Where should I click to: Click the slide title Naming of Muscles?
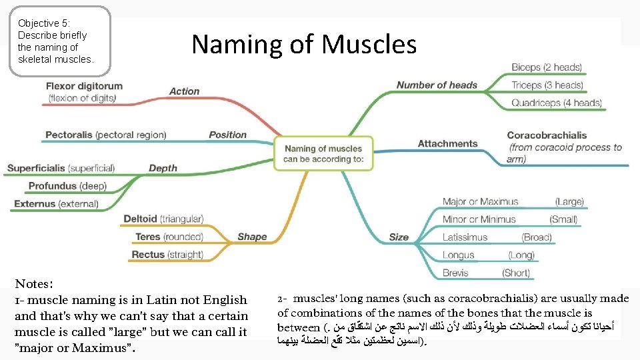(304, 45)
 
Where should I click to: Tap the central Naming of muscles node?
(323, 153)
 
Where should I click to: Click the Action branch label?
(184, 91)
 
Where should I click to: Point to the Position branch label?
(227, 135)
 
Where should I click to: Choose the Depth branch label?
(163, 168)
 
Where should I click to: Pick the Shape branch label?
(252, 237)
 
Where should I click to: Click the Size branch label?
(399, 237)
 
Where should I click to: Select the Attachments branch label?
(447, 143)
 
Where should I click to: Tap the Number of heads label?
(437, 85)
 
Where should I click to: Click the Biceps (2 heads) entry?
(546, 67)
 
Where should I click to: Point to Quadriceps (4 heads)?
(556, 103)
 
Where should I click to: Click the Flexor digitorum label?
(84, 86)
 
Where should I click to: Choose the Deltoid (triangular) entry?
(163, 219)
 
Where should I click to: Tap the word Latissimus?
(465, 237)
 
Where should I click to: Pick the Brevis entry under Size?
(457, 273)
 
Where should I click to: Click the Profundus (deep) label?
(67, 186)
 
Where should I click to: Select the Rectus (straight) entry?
(167, 255)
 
